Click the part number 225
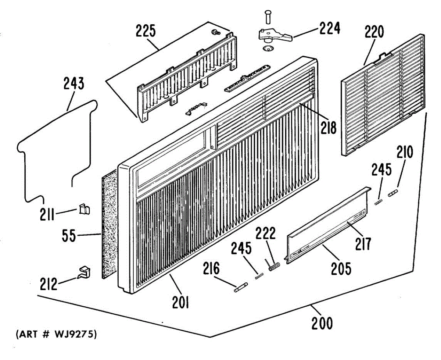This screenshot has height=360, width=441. click(x=146, y=31)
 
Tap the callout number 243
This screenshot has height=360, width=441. click(x=73, y=84)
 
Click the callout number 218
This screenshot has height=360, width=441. click(x=328, y=128)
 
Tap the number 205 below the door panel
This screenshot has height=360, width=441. click(x=341, y=269)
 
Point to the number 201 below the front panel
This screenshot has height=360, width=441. click(x=180, y=303)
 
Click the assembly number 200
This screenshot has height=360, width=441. click(x=322, y=324)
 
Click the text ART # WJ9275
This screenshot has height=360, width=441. click(x=56, y=335)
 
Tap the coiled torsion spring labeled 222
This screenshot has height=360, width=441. click(x=274, y=266)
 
